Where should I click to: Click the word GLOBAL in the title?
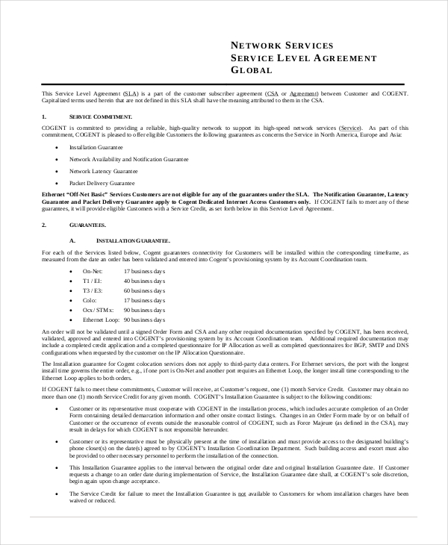click(x=252, y=70)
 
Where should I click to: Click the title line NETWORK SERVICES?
click(x=282, y=46)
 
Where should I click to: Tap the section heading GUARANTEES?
click(x=88, y=225)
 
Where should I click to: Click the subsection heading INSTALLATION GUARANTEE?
click(x=133, y=240)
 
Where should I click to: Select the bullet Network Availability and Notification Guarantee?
click(x=128, y=159)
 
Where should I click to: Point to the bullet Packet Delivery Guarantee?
click(x=102, y=183)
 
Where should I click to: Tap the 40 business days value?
click(x=142, y=280)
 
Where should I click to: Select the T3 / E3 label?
click(x=93, y=290)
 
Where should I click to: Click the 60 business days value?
click(x=142, y=290)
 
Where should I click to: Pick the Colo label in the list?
click(x=90, y=299)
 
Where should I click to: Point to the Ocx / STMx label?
click(x=98, y=309)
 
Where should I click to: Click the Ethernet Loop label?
click(x=102, y=319)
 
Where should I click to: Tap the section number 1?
click(x=43, y=117)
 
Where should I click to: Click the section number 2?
click(x=43, y=225)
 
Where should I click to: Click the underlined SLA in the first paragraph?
click(x=130, y=93)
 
